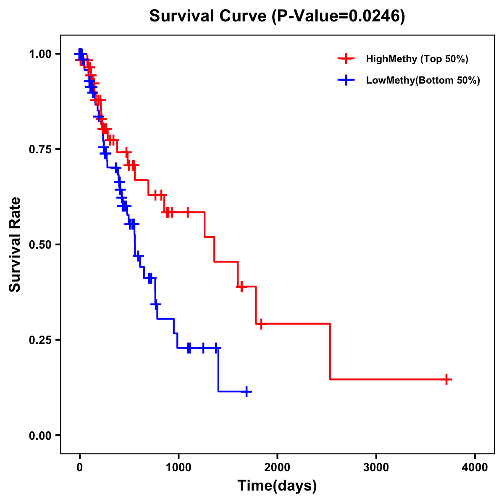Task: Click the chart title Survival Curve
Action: [208, 16]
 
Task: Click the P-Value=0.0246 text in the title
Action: [339, 16]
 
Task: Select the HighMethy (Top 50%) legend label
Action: [417, 59]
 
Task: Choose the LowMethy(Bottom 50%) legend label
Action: [423, 80]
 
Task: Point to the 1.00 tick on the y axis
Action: [40, 54]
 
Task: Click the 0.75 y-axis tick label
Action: [40, 150]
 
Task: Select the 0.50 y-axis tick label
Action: [40, 245]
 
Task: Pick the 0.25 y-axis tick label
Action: [40, 340]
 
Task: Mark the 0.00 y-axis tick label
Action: [40, 436]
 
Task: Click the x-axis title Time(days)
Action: [277, 486]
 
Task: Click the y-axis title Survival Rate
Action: [15, 244]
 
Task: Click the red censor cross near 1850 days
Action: [261, 324]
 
